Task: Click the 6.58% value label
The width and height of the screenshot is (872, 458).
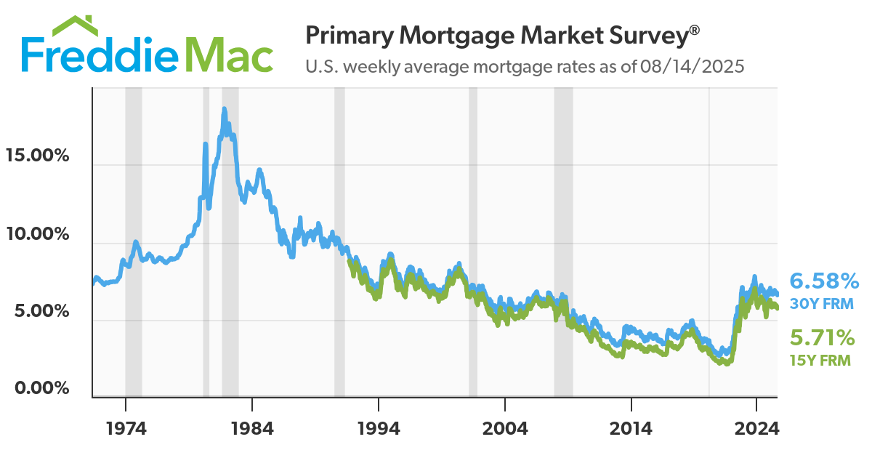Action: (x=824, y=281)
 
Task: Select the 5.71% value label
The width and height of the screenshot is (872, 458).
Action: (x=822, y=338)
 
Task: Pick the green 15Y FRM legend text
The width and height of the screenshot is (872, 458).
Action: (x=820, y=360)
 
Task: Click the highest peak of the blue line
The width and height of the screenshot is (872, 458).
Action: (x=225, y=109)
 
